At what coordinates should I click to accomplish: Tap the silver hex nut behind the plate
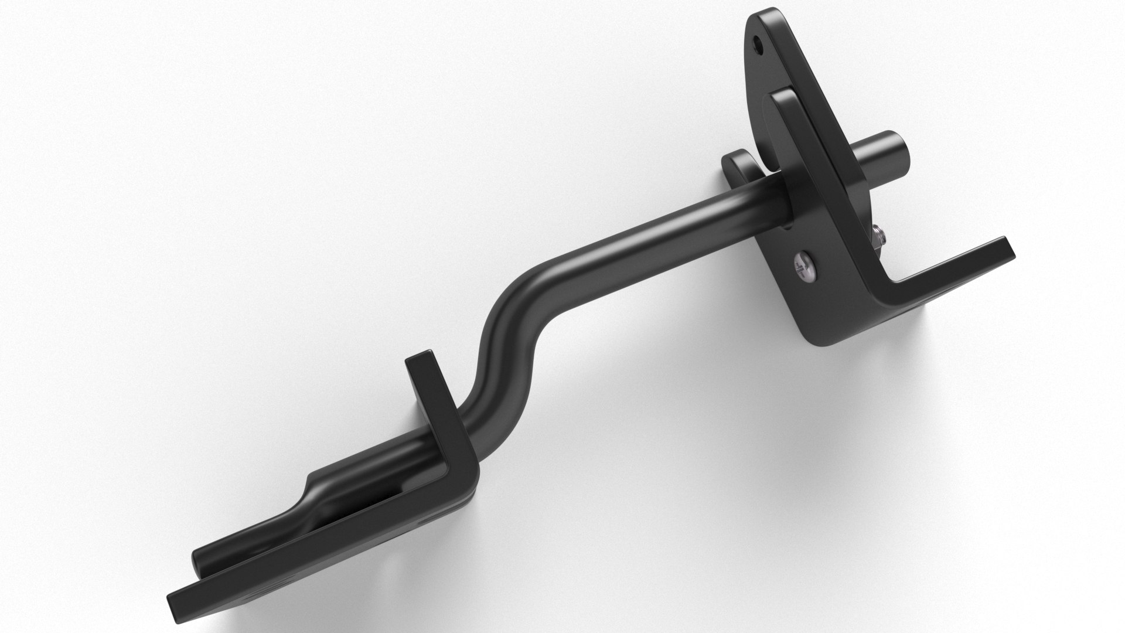[x=877, y=236]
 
